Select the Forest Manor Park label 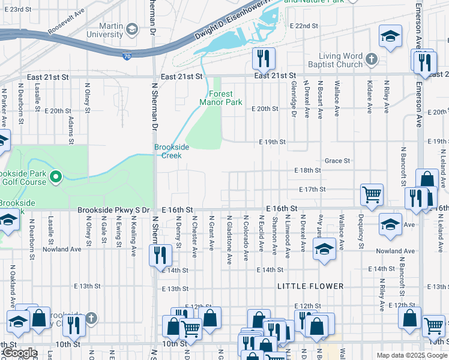point(225,98)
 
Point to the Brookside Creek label point(172,151)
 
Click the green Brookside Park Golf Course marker point(55,176)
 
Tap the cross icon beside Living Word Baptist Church point(372,59)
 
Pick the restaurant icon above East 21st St point(264,58)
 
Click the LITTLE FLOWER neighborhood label point(310,287)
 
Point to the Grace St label point(337,161)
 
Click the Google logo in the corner point(20,353)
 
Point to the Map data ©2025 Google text point(412,355)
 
